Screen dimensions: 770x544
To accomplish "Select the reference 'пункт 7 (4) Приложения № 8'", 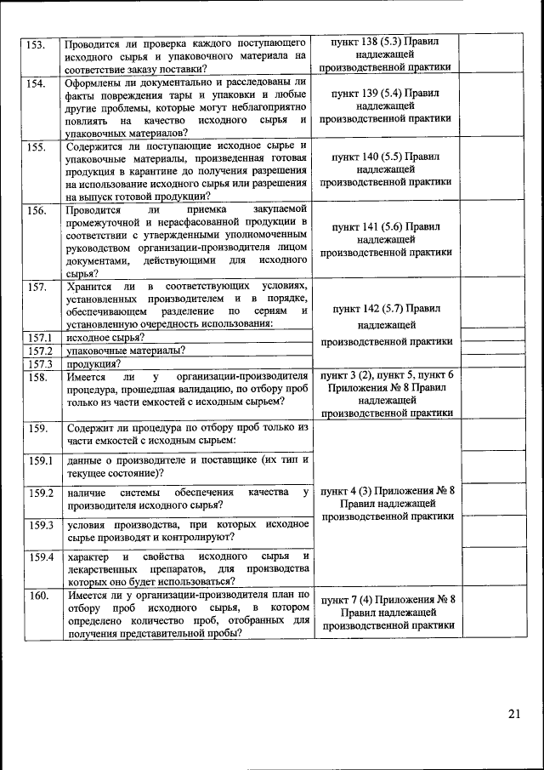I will click(x=388, y=599).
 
